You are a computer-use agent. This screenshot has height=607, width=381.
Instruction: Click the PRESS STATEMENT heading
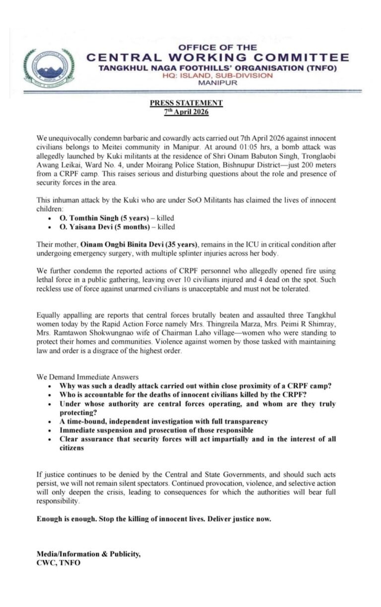click(187, 103)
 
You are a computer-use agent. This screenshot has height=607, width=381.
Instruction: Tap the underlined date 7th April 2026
click(187, 112)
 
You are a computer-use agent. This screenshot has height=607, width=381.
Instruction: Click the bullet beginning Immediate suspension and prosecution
click(156, 430)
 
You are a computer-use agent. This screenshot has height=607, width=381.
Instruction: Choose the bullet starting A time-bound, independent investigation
click(164, 421)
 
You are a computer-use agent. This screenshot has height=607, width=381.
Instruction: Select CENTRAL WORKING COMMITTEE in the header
click(217, 58)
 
